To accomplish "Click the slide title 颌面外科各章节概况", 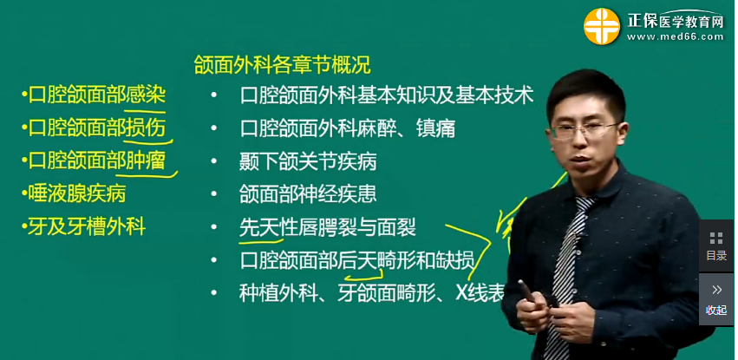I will point(282,64).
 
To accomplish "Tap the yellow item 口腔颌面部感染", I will point(96,95).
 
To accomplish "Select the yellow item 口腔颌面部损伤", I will point(96,128).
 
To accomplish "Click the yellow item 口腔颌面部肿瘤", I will point(96,160).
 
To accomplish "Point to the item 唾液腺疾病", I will point(75,193).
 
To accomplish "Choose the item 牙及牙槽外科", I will point(85,227).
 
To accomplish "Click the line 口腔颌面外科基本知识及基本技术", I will point(386,95).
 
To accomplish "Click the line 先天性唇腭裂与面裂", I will point(327,227).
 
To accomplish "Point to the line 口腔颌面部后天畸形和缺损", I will point(356,259).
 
